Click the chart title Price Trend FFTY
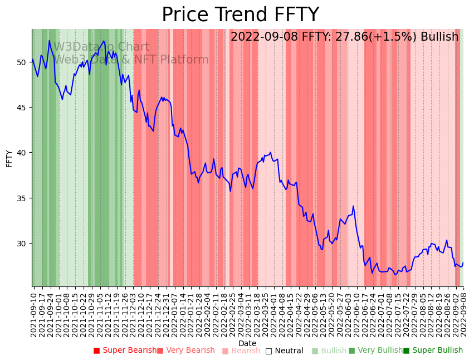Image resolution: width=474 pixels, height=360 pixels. tap(240, 14)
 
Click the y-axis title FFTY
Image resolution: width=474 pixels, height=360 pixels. tap(9, 158)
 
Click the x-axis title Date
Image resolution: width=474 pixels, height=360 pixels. tap(247, 343)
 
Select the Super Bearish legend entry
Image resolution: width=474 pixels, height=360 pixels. tap(125, 351)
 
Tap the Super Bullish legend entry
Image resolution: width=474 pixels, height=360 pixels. tap(433, 351)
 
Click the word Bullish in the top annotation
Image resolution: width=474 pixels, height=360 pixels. tap(439, 37)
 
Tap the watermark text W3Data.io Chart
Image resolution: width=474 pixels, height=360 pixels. tap(101, 47)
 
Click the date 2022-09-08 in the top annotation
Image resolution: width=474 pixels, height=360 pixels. tap(264, 37)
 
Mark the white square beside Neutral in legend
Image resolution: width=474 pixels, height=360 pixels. tap(269, 351)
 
